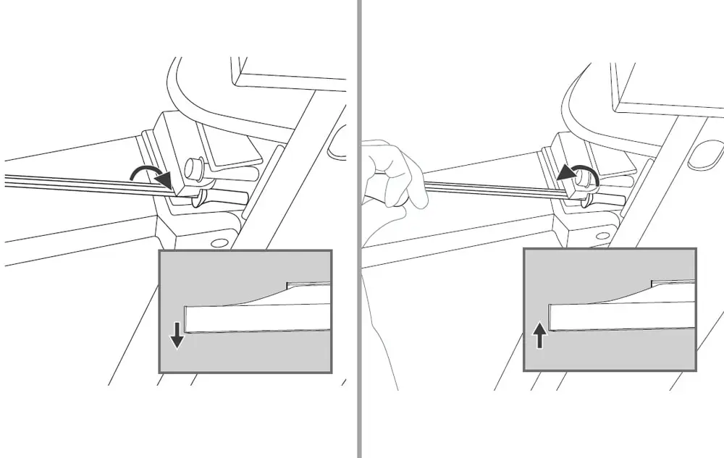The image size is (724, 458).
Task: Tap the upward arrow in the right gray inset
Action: coord(539,336)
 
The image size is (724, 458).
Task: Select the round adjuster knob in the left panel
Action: coord(193,171)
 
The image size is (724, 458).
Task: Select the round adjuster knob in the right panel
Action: coord(586,177)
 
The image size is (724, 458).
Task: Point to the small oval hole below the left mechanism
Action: coord(214,242)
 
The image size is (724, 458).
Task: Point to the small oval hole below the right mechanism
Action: coord(602,236)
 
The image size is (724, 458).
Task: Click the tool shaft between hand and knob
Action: coord(492,189)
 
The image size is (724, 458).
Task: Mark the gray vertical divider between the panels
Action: coord(359,229)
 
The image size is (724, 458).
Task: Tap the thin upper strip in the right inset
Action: coord(673,283)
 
